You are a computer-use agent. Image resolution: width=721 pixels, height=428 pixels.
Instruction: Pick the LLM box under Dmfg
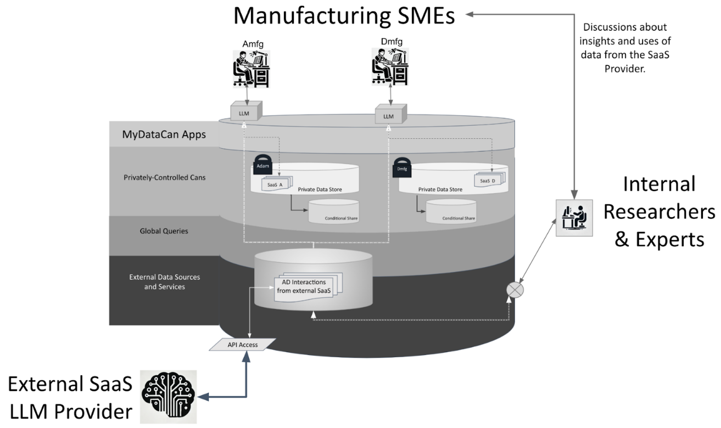pyautogui.click(x=390, y=116)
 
